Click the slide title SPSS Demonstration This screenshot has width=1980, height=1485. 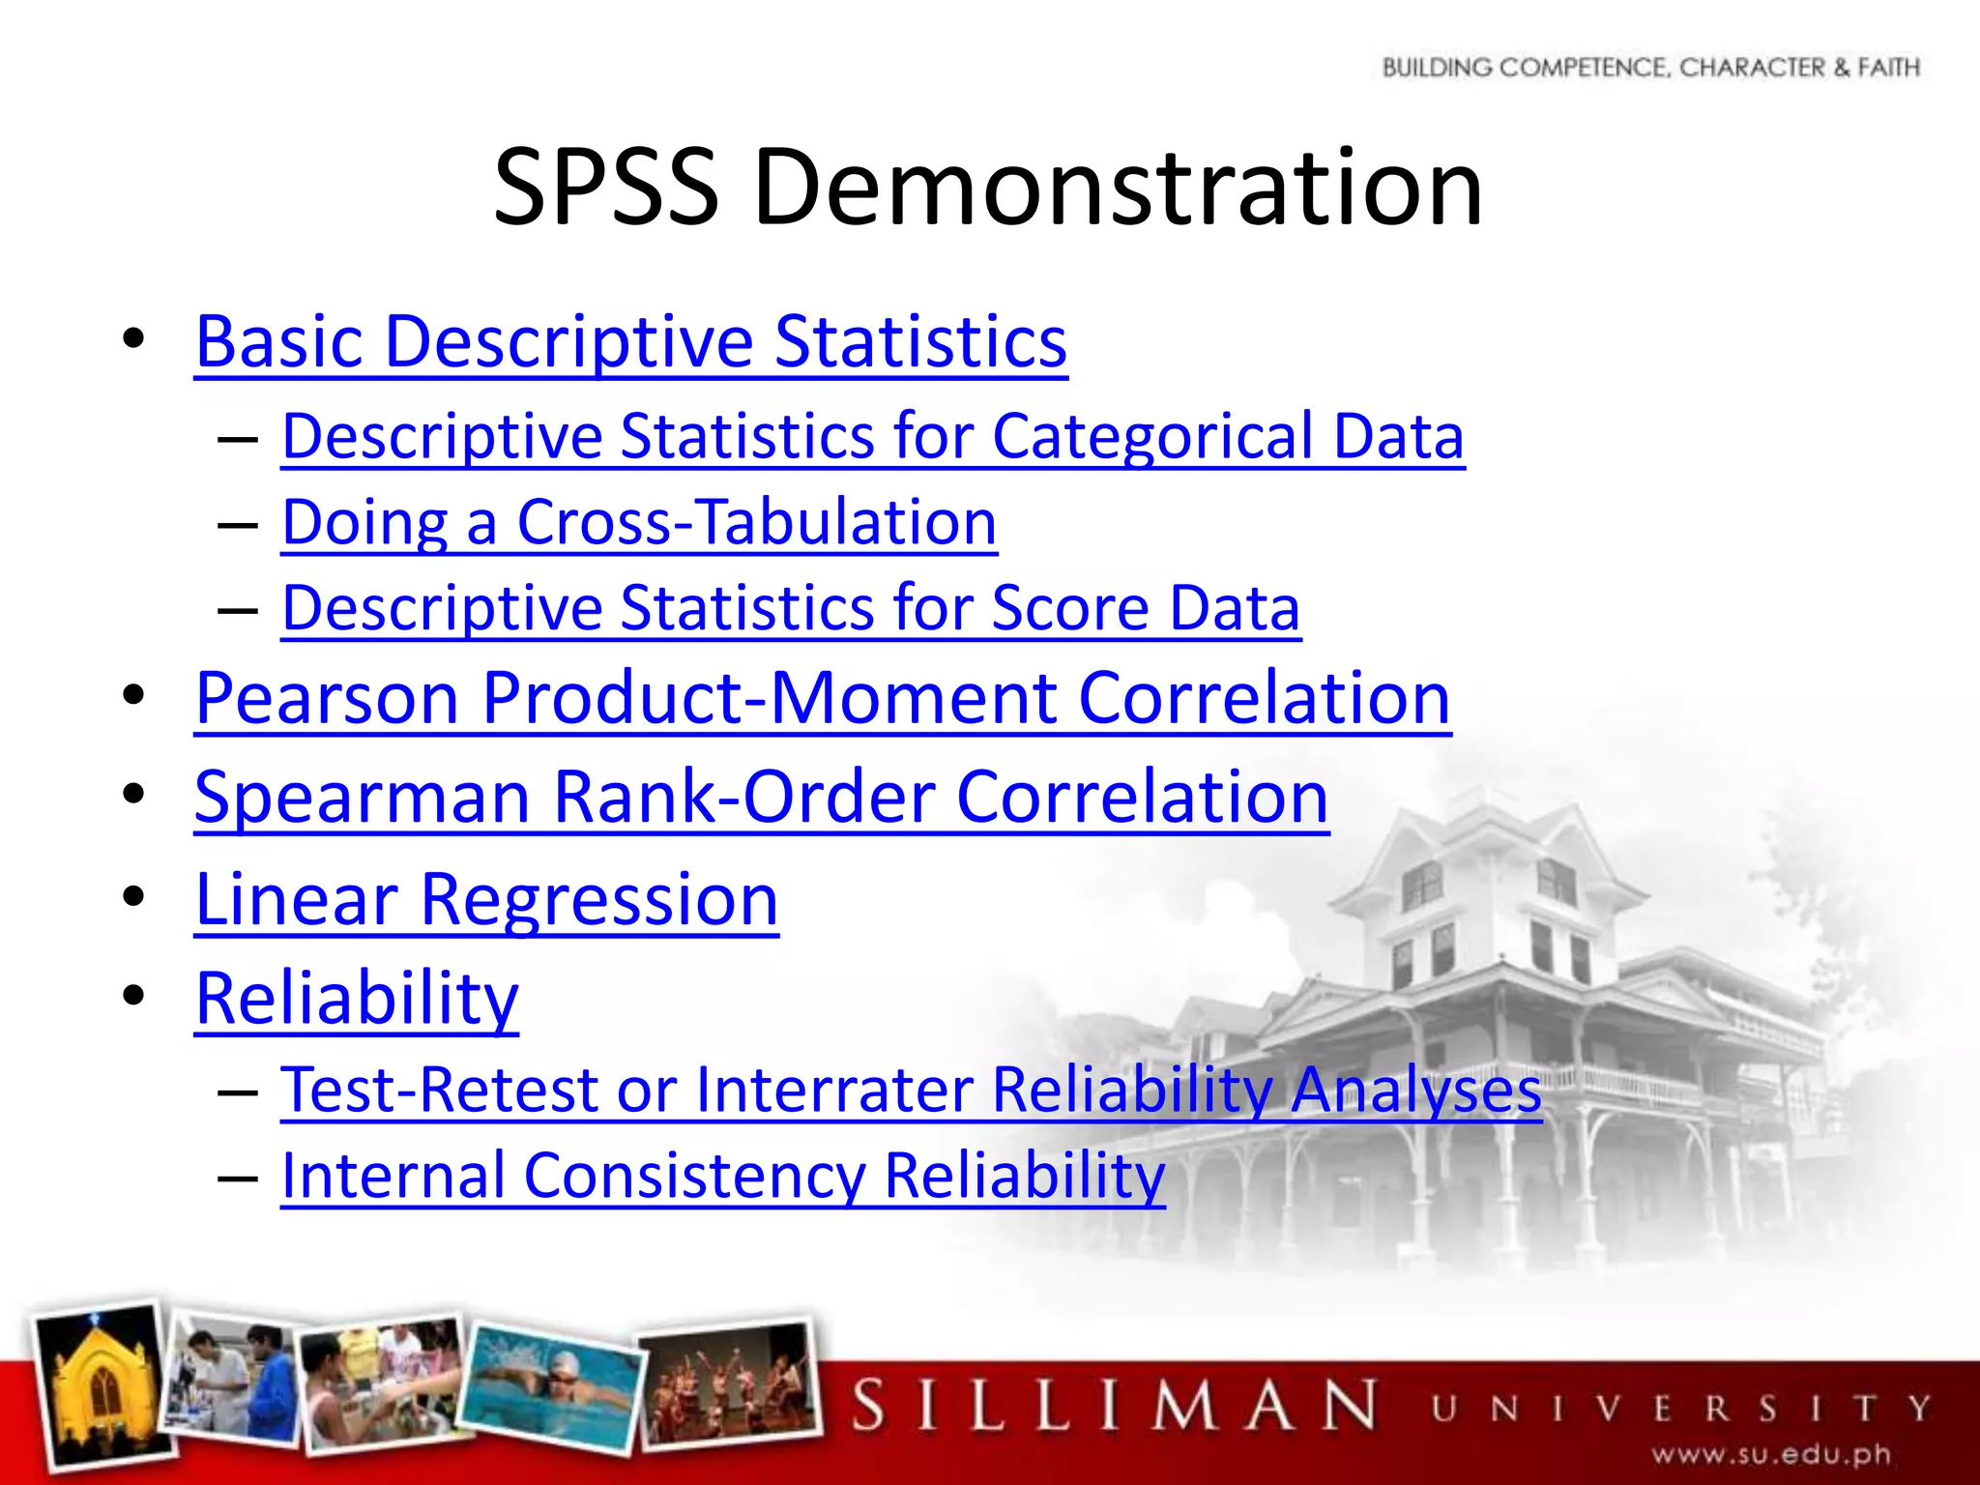pyautogui.click(x=988, y=186)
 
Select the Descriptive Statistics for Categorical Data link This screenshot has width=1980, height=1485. pyautogui.click(x=873, y=436)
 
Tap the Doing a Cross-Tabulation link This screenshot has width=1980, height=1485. pyautogui.click(x=639, y=522)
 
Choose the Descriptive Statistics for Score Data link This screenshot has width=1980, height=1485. pyautogui.click(x=791, y=608)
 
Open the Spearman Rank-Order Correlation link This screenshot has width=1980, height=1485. pyautogui.click(x=762, y=798)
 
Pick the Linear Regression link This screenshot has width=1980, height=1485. pyautogui.click(x=486, y=899)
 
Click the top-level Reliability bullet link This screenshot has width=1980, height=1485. pyautogui.click(x=357, y=998)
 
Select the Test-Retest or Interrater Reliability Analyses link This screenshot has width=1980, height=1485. pyautogui.click(x=911, y=1090)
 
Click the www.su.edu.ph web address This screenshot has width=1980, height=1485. pyautogui.click(x=1771, y=1454)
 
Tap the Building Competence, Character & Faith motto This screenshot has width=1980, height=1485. pyautogui.click(x=1650, y=68)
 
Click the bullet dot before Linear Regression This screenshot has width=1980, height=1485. pyautogui.click(x=133, y=896)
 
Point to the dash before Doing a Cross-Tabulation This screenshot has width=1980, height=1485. pyautogui.click(x=238, y=525)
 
